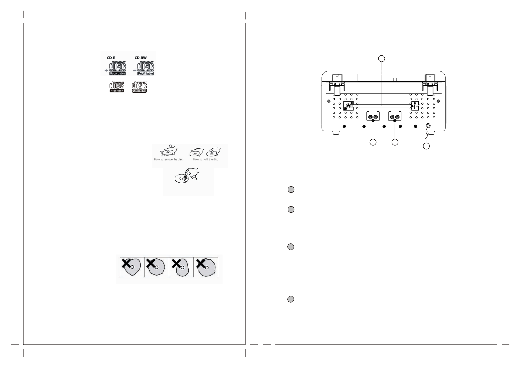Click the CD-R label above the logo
point(111,58)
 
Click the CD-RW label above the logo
point(141,58)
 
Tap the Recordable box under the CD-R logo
point(117,73)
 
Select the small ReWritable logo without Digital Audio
point(139,87)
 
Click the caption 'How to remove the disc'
point(168,159)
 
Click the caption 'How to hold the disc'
point(206,159)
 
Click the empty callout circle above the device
point(381,59)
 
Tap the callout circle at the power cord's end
point(426,146)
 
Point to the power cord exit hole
point(428,126)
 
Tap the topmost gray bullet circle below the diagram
point(291,190)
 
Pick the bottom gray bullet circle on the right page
point(291,299)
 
